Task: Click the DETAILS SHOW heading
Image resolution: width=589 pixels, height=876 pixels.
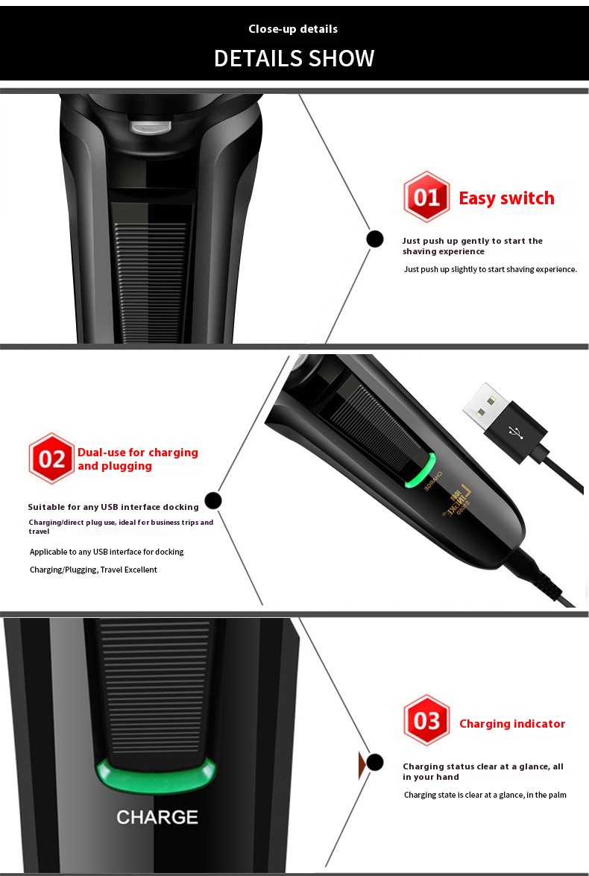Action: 294,58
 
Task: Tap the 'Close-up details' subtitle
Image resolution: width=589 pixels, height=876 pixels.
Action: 293,29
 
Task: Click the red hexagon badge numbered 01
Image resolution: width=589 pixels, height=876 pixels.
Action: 426,197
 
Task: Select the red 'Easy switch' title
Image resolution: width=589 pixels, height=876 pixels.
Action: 506,198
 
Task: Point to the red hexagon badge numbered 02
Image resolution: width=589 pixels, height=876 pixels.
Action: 51,459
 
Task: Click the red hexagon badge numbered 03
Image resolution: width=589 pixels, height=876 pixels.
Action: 426,720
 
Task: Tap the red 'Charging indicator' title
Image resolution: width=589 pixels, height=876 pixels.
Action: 512,723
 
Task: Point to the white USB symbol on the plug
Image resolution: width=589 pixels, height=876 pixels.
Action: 514,432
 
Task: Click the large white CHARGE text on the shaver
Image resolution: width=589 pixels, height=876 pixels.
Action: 157,817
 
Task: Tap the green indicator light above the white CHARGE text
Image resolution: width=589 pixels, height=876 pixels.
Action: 156,775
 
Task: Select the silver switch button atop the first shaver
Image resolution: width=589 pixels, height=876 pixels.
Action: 151,127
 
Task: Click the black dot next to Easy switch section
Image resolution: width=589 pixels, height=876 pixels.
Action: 375,239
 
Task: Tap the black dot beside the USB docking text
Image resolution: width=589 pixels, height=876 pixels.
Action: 213,500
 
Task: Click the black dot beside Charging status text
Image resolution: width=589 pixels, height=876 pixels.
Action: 375,762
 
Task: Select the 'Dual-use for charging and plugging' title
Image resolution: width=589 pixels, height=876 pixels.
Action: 137,459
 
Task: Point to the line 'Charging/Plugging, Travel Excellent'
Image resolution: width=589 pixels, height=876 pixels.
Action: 93,570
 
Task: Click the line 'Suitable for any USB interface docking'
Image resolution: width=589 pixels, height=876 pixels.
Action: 113,507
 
